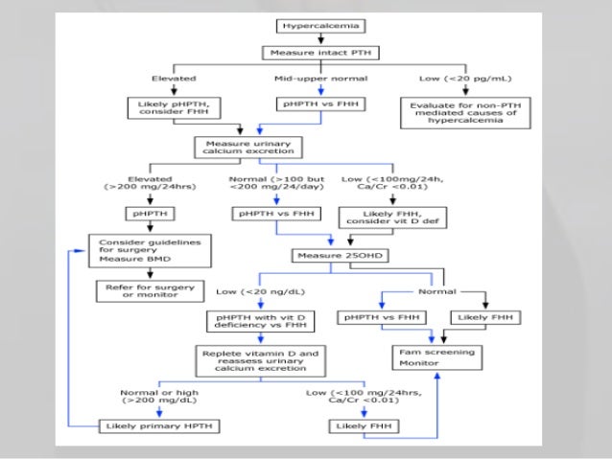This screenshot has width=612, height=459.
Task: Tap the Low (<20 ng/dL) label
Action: click(x=247, y=288)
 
